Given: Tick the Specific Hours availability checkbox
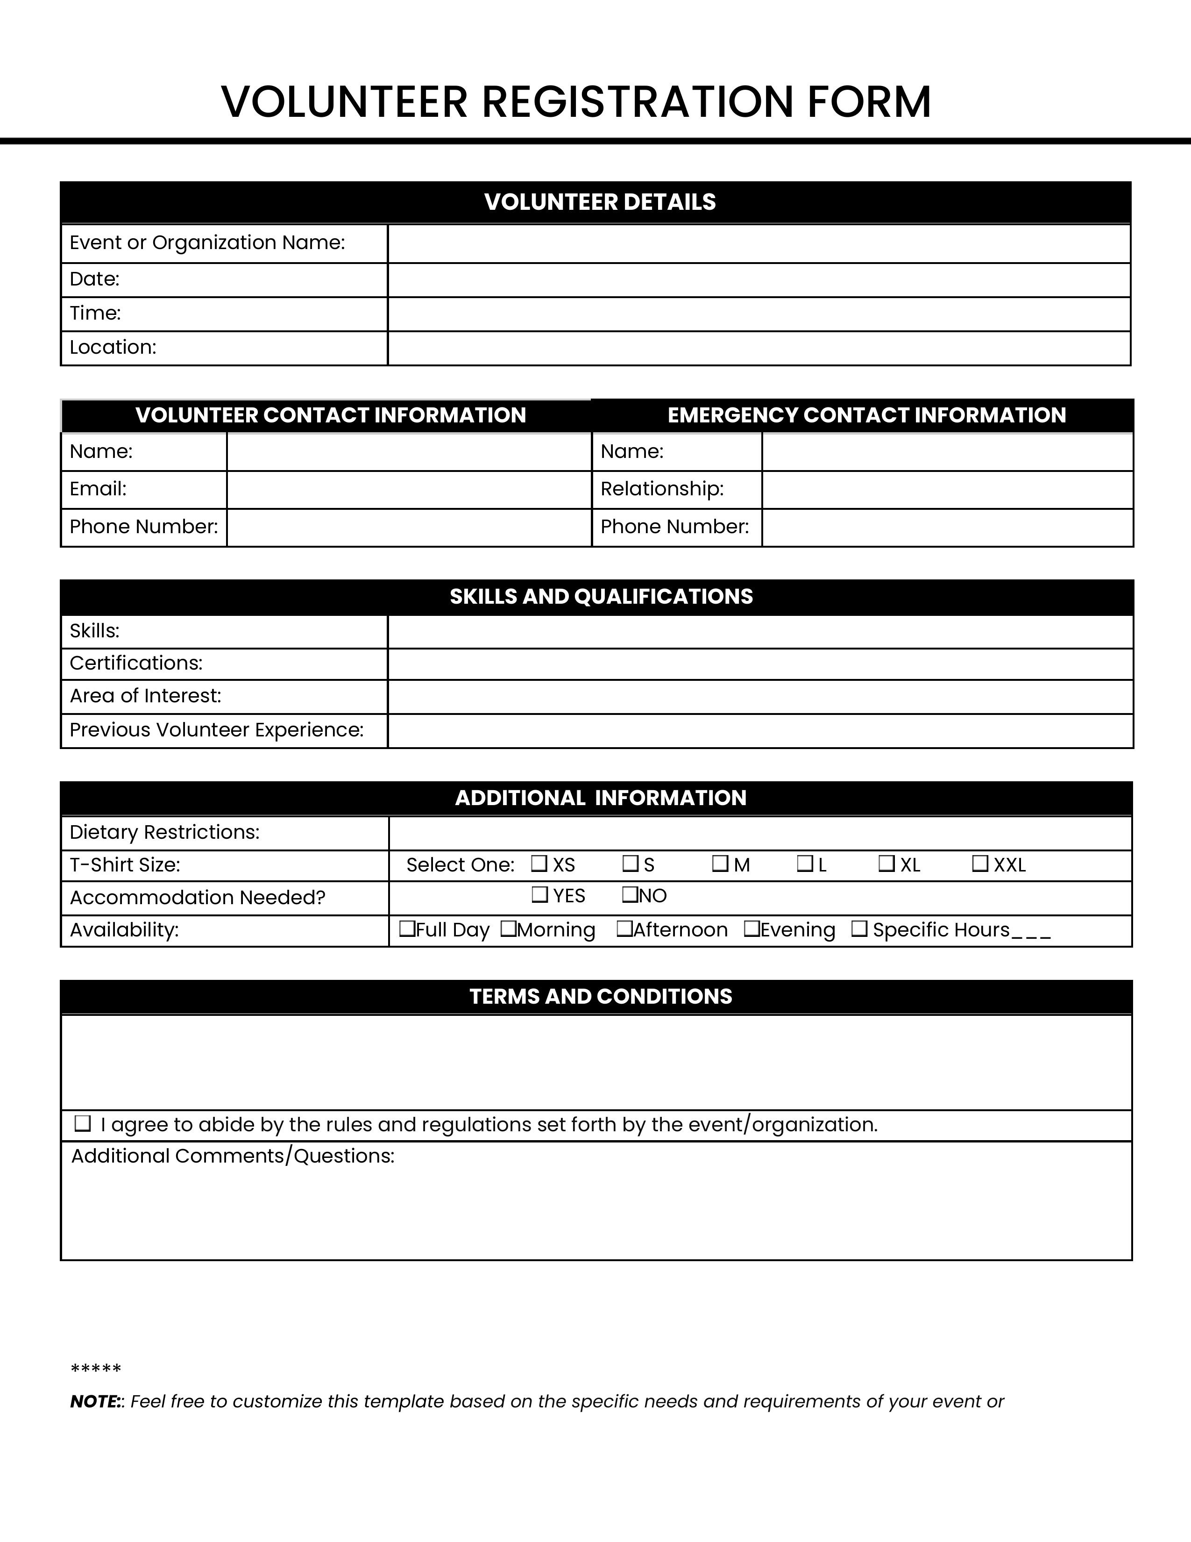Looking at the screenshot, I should [858, 928].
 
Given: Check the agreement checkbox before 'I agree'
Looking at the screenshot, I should [83, 1123].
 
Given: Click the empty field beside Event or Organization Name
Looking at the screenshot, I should [759, 243].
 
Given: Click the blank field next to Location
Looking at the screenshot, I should [759, 348].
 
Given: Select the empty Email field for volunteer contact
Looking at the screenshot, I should [409, 489].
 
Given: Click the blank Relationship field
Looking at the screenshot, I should [947, 489].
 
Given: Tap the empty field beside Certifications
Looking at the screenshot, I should [760, 664].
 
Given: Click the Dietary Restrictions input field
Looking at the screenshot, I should [760, 833].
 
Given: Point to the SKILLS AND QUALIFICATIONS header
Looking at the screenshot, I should [601, 597].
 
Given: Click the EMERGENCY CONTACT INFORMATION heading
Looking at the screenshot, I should [866, 415].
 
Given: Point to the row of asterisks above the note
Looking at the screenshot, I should [96, 1370].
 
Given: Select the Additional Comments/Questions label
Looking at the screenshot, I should [233, 1156].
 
